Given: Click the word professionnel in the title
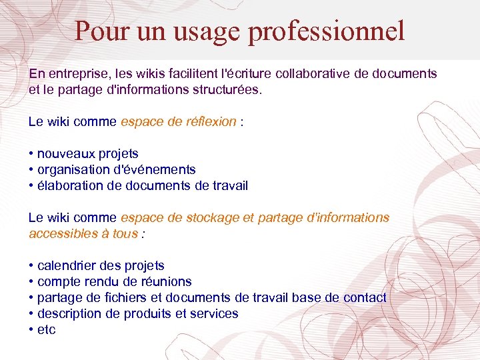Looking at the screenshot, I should click(327, 31).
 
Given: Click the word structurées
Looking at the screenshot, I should click(227, 89).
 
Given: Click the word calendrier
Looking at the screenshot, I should click(69, 265).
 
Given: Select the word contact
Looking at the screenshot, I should click(365, 297).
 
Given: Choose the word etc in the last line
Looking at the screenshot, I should click(47, 330).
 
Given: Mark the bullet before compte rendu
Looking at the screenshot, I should click(31, 282).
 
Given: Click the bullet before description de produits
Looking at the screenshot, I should click(31, 314).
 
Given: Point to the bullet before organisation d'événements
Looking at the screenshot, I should click(31, 170).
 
